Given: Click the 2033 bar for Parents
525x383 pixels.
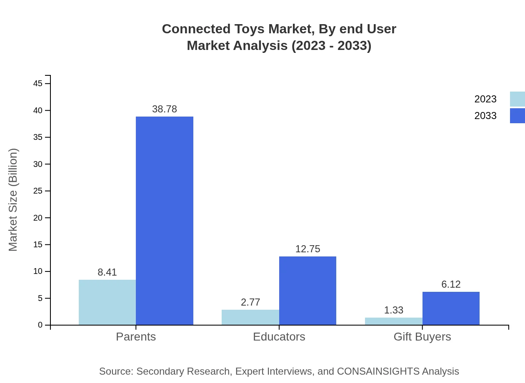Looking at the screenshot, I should (165, 221).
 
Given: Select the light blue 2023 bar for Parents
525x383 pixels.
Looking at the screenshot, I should (107, 302).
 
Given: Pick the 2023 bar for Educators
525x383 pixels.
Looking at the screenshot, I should (250, 317).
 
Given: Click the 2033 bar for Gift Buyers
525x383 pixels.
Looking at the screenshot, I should (451, 308).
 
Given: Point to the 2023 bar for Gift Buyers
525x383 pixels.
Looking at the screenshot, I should (393, 321).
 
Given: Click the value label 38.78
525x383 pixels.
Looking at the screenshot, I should (165, 109).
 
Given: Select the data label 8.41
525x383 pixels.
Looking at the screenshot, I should (107, 272).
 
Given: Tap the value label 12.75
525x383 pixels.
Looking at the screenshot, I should (307, 249).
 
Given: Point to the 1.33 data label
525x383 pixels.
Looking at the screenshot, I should (393, 310).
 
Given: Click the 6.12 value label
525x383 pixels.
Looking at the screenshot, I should (451, 284).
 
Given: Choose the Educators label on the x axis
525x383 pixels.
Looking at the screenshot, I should (279, 337).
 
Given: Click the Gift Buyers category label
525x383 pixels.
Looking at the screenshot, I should (422, 337).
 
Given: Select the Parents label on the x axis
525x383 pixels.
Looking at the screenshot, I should (136, 337).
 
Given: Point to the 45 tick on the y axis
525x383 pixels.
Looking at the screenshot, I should (38, 84).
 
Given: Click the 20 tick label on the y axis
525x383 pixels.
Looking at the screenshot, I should (38, 218).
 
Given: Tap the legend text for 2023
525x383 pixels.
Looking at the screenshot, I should (485, 99).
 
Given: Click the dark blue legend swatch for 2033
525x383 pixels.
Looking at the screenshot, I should (517, 116).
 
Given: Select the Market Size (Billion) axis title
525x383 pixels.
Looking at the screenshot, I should (13, 200).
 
